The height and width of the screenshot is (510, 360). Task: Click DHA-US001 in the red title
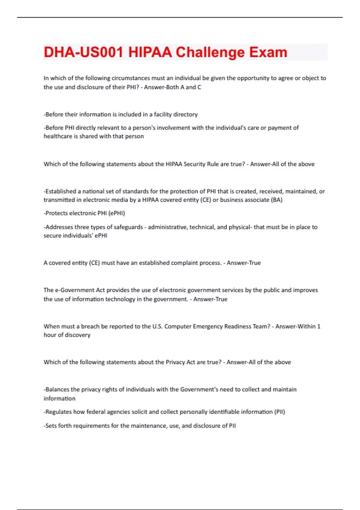coord(83,52)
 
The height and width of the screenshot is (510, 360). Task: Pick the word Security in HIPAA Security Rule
coord(195,164)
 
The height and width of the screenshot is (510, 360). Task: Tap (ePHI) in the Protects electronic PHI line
coord(116,213)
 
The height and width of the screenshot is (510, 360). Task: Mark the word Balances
coord(57,389)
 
